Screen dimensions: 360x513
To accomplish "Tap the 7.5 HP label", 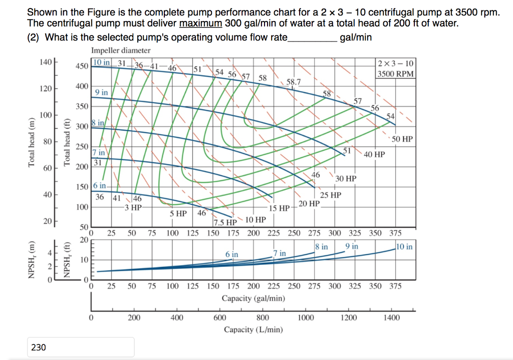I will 225,223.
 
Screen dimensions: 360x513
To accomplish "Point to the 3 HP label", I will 133,207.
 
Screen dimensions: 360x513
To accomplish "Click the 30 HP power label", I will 346,179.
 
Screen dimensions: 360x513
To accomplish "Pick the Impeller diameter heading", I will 121,51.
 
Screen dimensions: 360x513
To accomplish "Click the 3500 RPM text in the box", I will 396,74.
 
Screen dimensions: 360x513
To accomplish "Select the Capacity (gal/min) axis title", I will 253,298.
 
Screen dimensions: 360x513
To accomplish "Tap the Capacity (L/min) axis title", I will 253,329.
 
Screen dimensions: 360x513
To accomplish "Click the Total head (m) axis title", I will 33,144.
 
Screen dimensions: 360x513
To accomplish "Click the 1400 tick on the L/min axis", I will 392,317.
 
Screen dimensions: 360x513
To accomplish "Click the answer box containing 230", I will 80,347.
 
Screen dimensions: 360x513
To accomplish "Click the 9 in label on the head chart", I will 102,92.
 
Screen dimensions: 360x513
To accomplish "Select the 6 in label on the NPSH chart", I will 232,254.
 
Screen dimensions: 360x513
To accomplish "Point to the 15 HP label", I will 279,208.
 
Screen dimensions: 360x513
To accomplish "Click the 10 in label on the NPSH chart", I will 404,246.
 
